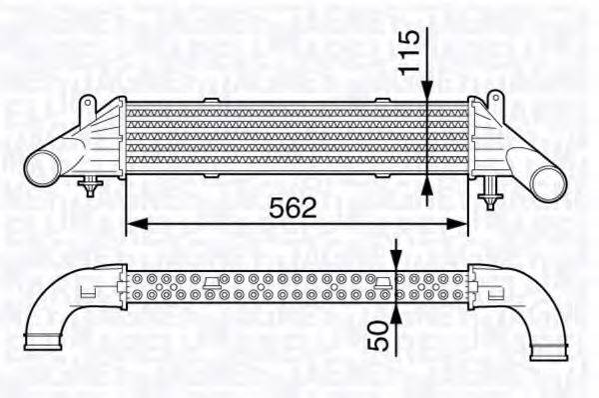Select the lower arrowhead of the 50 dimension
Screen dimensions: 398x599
click(396, 313)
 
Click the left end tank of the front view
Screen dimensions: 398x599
click(105, 140)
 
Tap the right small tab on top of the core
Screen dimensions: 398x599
click(381, 98)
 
